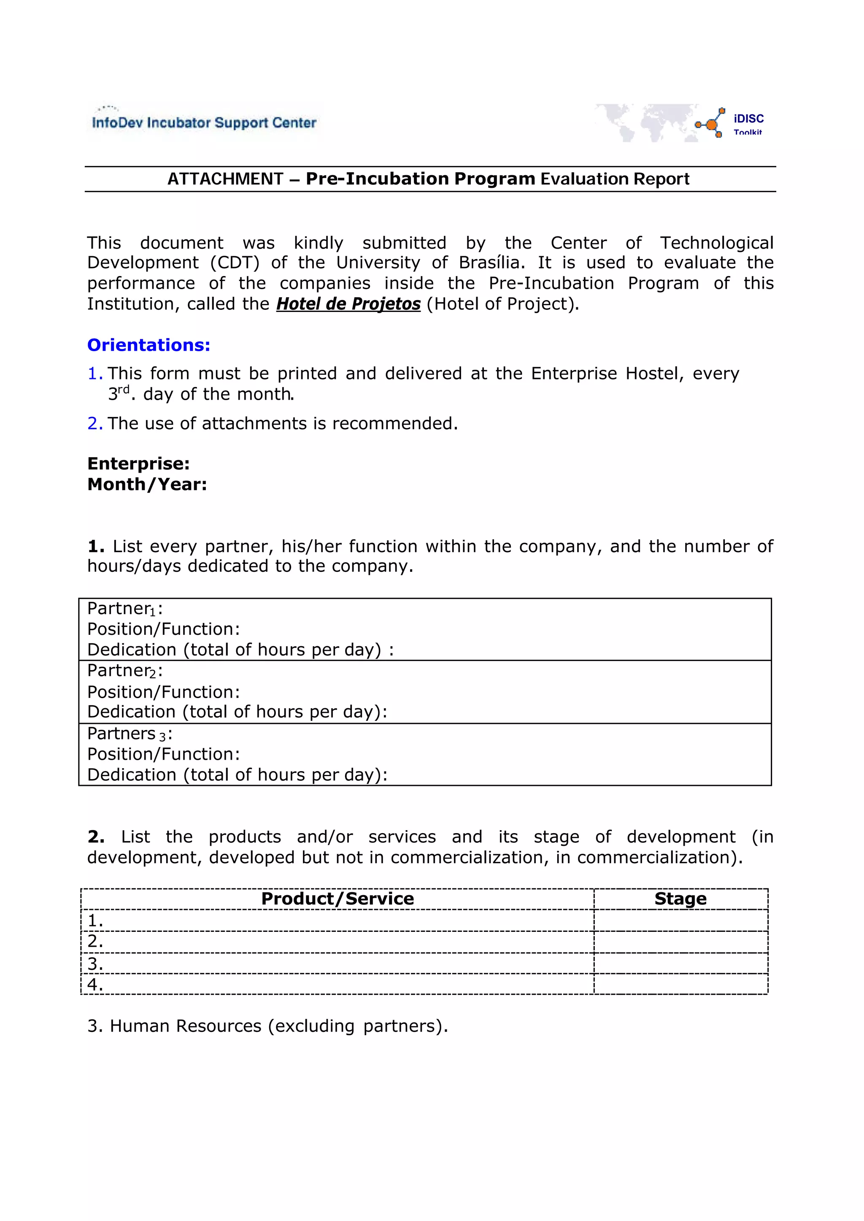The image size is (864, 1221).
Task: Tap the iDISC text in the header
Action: (x=748, y=119)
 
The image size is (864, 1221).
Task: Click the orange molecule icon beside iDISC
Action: (x=711, y=124)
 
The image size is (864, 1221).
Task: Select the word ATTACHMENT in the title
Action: (x=226, y=179)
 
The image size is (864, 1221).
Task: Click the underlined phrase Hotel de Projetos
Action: (x=348, y=304)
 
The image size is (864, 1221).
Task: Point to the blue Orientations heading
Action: (x=149, y=345)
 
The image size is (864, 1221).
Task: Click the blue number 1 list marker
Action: (x=94, y=374)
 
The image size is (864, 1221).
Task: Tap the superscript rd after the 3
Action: (x=124, y=390)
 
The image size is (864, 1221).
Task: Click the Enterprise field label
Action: (x=138, y=463)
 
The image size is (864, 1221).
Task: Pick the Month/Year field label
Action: (x=147, y=485)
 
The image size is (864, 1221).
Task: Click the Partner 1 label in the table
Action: (x=124, y=608)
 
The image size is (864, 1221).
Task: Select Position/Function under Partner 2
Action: (x=163, y=692)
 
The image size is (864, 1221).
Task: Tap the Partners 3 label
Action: (x=129, y=734)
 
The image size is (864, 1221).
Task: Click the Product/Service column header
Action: (x=337, y=899)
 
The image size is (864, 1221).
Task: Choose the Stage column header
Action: (x=680, y=899)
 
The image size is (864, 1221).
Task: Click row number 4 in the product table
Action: (x=94, y=985)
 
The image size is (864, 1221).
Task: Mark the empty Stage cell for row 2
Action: (x=680, y=942)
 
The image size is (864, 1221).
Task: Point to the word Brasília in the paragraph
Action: (x=491, y=263)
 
